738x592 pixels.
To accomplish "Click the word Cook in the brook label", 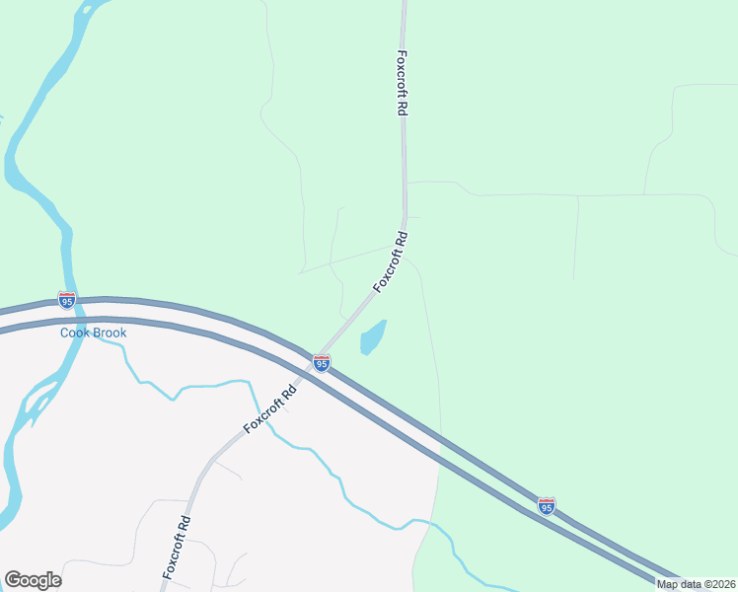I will pyautogui.click(x=76, y=333).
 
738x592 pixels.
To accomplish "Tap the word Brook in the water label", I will pyautogui.click(x=110, y=333).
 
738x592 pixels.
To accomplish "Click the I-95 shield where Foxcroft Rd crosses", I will pyautogui.click(x=322, y=363).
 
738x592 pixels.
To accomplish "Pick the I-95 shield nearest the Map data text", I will pyautogui.click(x=546, y=505).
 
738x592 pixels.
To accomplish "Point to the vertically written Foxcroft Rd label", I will pyautogui.click(x=403, y=84).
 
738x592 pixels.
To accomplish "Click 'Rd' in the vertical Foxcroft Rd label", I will pyautogui.click(x=403, y=108).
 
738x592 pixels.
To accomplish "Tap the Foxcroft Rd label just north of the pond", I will pyautogui.click(x=391, y=261).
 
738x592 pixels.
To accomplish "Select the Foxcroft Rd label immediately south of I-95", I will pyautogui.click(x=269, y=408).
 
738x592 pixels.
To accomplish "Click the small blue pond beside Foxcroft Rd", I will pyautogui.click(x=373, y=337).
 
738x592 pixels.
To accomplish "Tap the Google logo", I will pyautogui.click(x=33, y=580).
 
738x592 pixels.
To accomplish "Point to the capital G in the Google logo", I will pyautogui.click(x=12, y=579).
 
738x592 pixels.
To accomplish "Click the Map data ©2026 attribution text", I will pyautogui.click(x=696, y=584).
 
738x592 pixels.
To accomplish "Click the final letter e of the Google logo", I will pyautogui.click(x=55, y=581).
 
